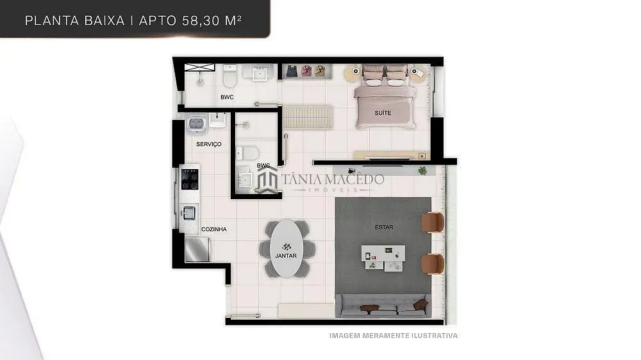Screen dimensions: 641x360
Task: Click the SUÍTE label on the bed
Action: tap(383, 113)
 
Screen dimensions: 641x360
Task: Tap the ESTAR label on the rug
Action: tap(384, 227)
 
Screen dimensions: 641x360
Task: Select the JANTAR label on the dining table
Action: tap(286, 256)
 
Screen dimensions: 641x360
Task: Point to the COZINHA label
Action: tap(214, 229)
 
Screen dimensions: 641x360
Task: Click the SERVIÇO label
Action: tap(209, 144)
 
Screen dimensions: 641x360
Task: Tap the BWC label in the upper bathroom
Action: tap(227, 97)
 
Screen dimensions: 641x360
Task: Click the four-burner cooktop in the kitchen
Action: tap(190, 179)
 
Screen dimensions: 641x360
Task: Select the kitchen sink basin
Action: tap(189, 213)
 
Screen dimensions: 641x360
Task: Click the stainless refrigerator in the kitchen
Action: tap(197, 249)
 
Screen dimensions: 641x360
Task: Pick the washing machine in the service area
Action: tap(197, 124)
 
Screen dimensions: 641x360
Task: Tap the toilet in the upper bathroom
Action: tap(229, 76)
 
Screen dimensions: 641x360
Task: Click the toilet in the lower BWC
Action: tap(247, 153)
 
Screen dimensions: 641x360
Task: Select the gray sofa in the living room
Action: tap(383, 306)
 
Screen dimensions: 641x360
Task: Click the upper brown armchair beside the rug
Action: tap(433, 222)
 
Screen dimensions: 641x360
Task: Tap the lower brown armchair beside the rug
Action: tap(433, 264)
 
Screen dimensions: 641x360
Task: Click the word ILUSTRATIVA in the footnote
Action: tap(435, 336)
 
